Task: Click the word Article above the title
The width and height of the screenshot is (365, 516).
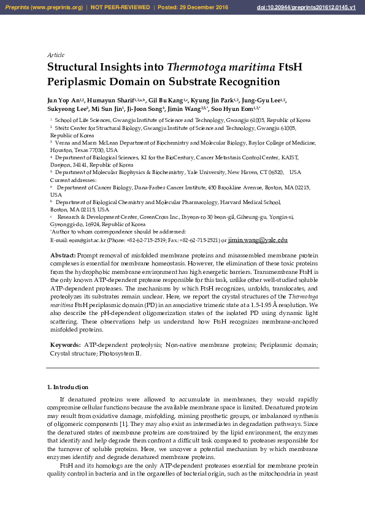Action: (x=56, y=55)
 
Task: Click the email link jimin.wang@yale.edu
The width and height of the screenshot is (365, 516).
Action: (x=253, y=240)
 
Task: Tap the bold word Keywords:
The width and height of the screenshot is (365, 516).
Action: (x=65, y=346)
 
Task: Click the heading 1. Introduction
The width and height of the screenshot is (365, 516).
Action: (x=67, y=387)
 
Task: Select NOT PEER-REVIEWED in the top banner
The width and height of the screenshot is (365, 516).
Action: (x=120, y=7)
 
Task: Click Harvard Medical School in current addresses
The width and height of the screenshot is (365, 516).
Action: (x=250, y=202)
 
